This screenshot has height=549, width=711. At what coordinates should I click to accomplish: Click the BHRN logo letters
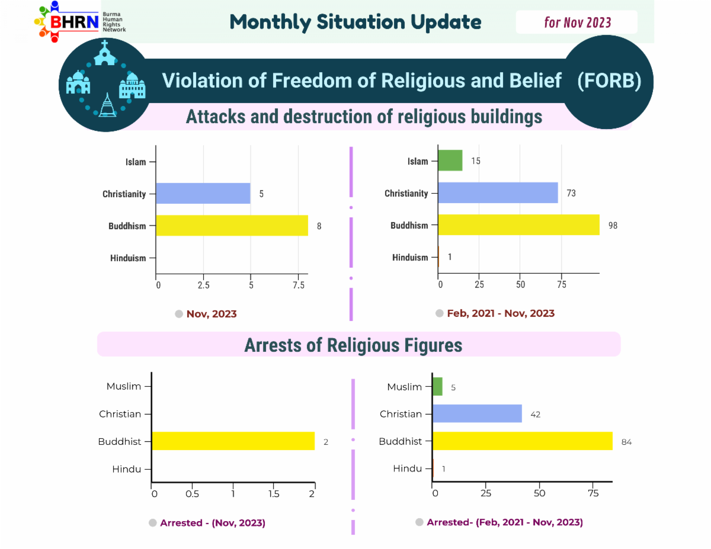(74, 22)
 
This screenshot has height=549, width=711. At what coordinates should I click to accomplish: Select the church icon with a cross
(104, 53)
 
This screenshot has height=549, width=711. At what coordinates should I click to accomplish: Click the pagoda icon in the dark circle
(107, 105)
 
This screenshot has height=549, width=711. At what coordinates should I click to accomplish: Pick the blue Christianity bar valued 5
(203, 193)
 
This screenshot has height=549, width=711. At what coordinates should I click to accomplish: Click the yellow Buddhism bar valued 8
(232, 225)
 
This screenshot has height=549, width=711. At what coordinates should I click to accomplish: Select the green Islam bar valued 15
(450, 160)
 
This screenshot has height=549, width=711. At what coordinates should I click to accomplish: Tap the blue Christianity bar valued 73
(498, 192)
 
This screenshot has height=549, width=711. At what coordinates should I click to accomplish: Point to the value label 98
(613, 225)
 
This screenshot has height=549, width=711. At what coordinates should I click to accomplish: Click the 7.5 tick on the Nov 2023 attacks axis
(299, 285)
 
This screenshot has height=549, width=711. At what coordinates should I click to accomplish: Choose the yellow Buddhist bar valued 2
(233, 441)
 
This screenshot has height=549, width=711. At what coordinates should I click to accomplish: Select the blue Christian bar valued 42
(477, 413)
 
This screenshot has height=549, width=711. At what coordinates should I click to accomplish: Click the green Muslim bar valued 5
(437, 387)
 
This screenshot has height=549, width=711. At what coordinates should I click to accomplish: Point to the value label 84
(626, 442)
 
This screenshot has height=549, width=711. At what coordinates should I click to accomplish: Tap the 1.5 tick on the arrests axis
(274, 493)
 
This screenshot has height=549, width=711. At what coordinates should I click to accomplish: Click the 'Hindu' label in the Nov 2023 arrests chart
(127, 469)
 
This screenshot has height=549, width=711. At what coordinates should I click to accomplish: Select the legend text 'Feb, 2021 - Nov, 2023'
(501, 313)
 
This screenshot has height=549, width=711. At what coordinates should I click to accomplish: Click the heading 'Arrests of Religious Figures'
(353, 345)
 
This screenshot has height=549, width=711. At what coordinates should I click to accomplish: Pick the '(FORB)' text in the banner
(609, 81)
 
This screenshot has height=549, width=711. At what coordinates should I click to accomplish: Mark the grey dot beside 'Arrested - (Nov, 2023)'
(152, 522)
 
